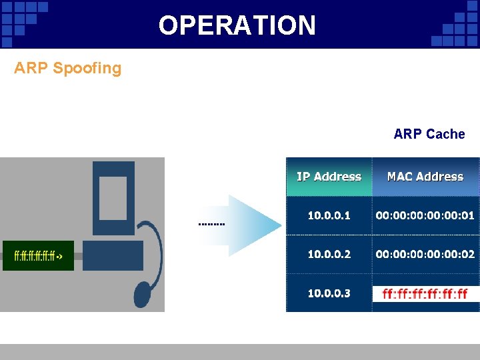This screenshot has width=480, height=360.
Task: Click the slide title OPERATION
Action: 237,25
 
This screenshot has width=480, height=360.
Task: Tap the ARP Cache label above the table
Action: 429,134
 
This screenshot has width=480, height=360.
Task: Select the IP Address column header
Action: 329,177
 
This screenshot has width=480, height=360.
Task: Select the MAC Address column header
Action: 425,177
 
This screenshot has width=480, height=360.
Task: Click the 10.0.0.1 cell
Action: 329,215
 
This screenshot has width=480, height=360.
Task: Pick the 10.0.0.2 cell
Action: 329,254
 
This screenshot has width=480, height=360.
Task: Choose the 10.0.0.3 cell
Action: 329,293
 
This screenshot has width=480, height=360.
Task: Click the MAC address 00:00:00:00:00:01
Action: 425,215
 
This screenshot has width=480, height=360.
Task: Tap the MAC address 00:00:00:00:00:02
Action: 425,254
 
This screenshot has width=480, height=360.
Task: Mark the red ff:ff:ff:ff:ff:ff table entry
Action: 425,293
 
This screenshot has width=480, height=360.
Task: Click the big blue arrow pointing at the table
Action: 253,225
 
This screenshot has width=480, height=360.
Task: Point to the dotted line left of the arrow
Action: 212,224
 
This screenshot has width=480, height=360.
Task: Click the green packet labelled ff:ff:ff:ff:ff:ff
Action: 38,255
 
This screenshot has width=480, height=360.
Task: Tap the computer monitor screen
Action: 113,198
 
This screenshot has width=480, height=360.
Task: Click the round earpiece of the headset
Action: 143,293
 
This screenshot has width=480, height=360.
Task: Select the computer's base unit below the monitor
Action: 113,255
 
